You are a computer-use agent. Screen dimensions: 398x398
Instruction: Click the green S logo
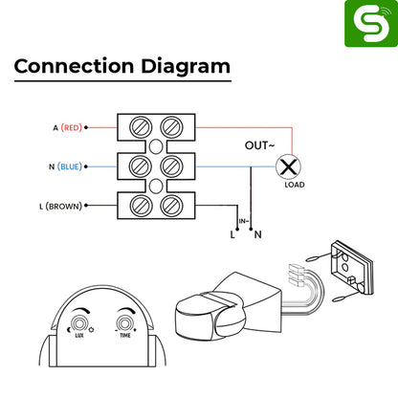(371, 24)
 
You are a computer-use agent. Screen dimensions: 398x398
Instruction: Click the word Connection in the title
(74, 66)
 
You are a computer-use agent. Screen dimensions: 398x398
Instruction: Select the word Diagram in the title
(186, 67)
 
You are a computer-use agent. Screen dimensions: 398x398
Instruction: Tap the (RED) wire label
(72, 127)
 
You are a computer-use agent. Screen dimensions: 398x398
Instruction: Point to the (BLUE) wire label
(70, 166)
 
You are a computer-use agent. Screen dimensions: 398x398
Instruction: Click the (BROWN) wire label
(64, 206)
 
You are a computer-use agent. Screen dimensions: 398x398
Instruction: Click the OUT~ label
(259, 145)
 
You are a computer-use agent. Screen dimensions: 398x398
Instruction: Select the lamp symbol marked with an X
(288, 166)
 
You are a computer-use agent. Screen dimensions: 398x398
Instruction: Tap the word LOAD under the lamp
(295, 185)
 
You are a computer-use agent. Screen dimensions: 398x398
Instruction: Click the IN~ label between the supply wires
(244, 221)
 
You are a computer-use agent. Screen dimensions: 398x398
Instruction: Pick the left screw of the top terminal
(141, 127)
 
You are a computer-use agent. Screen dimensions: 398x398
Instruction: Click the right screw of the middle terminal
(171, 166)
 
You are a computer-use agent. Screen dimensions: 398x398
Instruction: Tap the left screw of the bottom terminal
(141, 206)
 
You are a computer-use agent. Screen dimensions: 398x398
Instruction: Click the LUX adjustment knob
(79, 323)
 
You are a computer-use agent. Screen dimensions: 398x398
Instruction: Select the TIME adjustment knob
(124, 323)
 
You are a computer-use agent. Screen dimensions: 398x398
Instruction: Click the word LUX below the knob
(79, 335)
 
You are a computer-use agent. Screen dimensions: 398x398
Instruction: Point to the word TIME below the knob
(125, 335)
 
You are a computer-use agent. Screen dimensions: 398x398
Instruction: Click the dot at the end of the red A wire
(86, 127)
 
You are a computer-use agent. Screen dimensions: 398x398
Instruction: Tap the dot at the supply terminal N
(251, 229)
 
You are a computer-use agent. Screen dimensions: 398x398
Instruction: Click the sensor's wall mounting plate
(351, 268)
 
